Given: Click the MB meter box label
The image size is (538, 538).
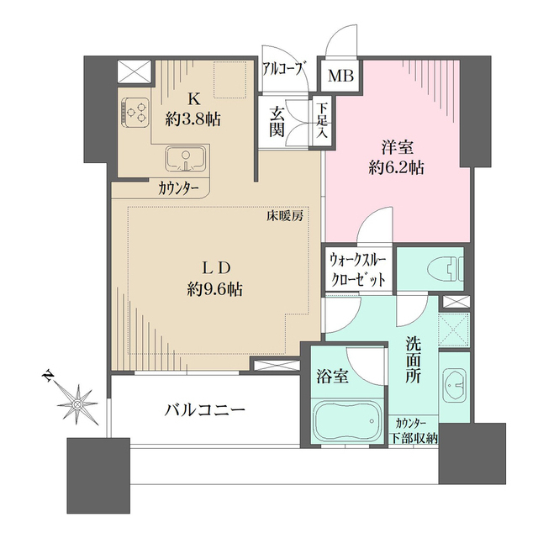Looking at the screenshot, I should click(341, 76).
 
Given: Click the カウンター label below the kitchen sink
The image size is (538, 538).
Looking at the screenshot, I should click(178, 188).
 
